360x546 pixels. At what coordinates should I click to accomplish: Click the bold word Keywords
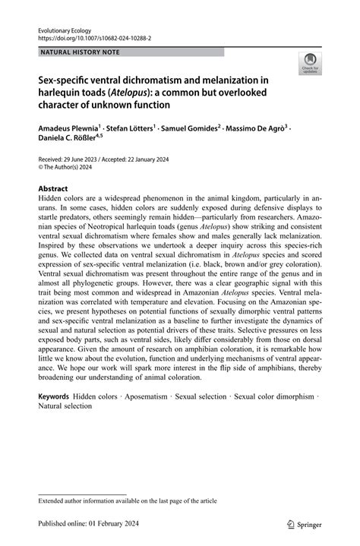coord(54,396)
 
